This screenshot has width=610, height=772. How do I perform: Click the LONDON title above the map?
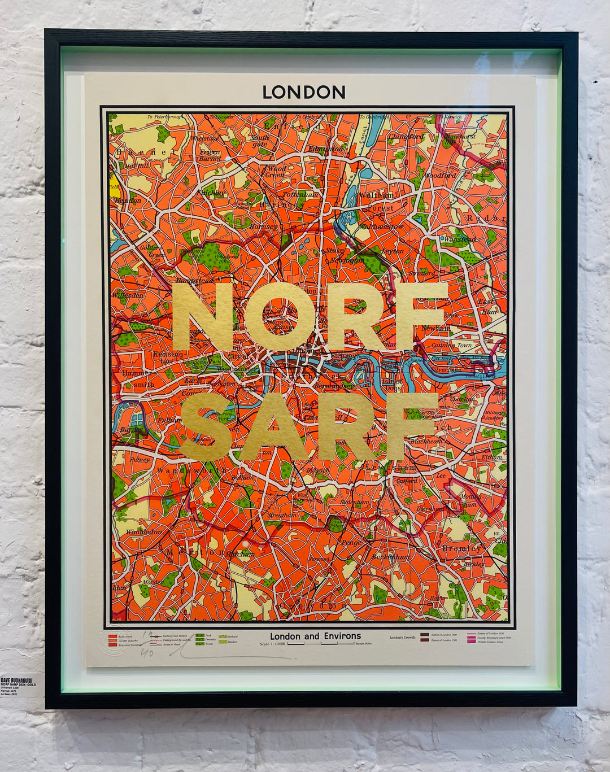[304, 92]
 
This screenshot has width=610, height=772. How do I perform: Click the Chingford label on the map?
[406, 137]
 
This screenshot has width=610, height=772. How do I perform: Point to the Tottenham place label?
[301, 194]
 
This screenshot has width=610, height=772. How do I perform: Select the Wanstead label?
[460, 239]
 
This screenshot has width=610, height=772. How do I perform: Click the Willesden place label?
[128, 295]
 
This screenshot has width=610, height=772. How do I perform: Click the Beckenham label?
[390, 557]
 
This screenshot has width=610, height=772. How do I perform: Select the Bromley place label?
[462, 548]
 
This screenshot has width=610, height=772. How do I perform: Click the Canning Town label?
[451, 345]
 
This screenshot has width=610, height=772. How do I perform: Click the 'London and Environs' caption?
[315, 636]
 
